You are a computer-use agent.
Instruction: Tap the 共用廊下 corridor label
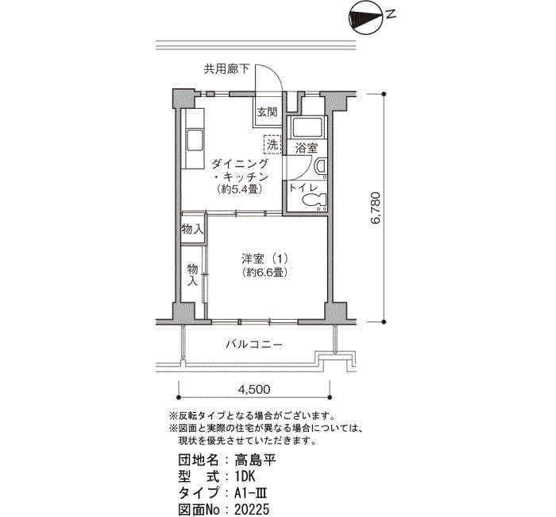click(226, 69)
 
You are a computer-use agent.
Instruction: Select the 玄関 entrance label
click(266, 112)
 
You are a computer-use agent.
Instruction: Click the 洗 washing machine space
click(272, 145)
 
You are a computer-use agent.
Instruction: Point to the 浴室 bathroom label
click(307, 149)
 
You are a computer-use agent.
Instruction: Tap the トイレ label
click(303, 188)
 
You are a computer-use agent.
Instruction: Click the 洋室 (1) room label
click(266, 258)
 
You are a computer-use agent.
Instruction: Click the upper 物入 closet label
click(192, 229)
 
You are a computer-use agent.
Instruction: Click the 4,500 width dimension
click(254, 389)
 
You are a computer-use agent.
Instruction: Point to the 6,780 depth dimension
click(379, 211)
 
